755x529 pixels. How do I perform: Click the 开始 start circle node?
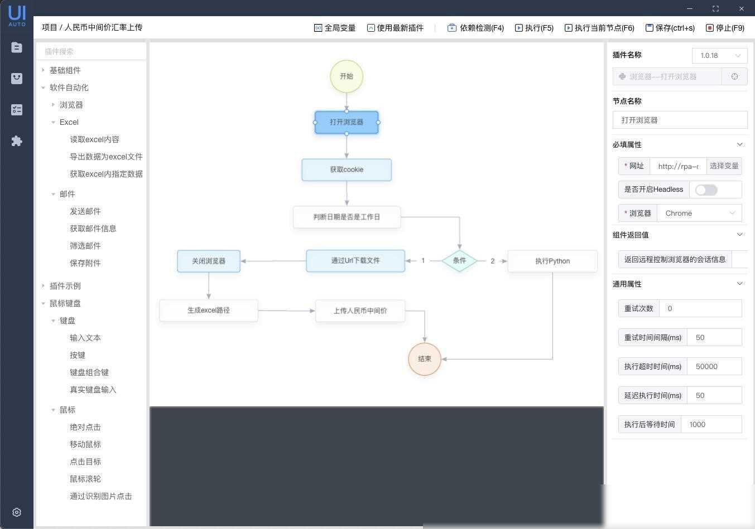(x=347, y=76)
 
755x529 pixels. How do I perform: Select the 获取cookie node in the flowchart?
(x=347, y=169)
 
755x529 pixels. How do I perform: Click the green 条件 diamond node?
(x=459, y=261)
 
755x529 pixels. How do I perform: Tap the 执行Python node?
(x=552, y=261)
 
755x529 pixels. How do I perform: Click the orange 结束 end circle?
(x=425, y=359)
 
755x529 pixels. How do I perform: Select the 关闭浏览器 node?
(x=209, y=261)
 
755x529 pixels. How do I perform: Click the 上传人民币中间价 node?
(x=360, y=310)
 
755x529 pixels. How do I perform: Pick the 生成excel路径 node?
(x=209, y=310)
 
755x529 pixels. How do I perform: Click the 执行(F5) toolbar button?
(x=534, y=28)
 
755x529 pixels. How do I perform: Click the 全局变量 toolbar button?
(x=335, y=28)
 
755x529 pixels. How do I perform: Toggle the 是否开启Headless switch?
(x=706, y=190)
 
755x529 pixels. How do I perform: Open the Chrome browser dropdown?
(x=699, y=213)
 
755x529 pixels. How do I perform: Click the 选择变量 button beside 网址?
(x=724, y=166)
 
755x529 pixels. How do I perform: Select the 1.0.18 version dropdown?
(x=720, y=56)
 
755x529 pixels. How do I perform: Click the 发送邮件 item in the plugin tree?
(x=85, y=211)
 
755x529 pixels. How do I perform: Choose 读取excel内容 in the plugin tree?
(x=94, y=139)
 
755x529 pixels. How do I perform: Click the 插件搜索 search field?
(x=92, y=51)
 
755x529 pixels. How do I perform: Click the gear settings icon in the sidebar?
(x=17, y=512)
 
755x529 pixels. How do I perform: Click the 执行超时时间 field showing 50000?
(x=714, y=366)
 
